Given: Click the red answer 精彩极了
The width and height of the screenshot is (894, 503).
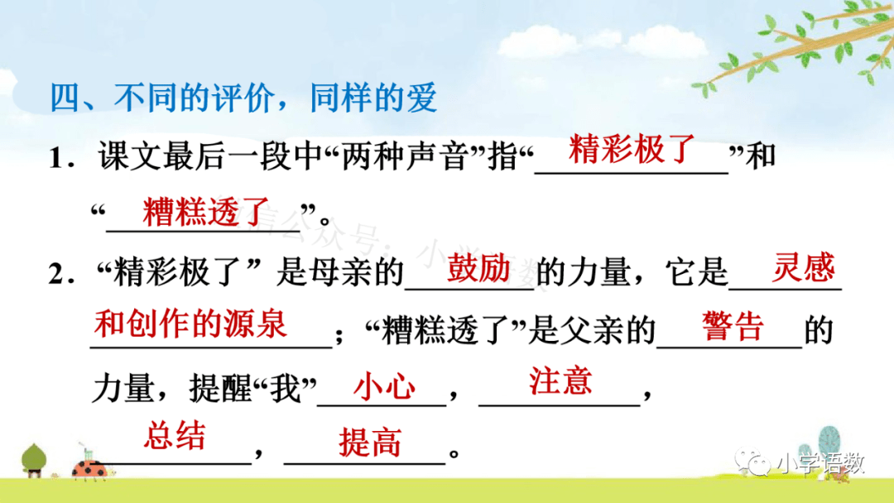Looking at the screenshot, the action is (x=632, y=150).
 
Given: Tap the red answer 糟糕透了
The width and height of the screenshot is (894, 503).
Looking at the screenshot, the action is (x=206, y=211).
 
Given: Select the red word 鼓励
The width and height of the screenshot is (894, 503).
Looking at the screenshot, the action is (x=478, y=268).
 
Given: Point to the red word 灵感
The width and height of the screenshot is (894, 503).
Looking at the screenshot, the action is (x=803, y=267).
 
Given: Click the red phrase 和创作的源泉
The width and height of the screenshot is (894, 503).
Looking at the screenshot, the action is (x=190, y=323).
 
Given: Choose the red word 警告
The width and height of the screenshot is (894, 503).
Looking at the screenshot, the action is (x=733, y=326).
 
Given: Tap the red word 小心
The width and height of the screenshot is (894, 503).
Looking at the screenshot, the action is (x=384, y=387).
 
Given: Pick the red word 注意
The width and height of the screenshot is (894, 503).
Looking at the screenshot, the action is (x=560, y=381).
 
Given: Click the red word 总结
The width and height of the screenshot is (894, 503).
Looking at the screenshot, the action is (x=175, y=436).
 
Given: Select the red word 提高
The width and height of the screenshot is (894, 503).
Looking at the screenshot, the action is (x=370, y=442).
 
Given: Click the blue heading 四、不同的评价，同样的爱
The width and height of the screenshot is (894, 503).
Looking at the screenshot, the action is (x=243, y=98).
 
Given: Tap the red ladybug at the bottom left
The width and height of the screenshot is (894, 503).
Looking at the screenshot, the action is (x=89, y=469).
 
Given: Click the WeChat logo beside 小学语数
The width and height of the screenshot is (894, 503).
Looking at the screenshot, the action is (x=752, y=462).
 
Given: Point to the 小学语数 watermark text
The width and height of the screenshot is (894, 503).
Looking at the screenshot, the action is (x=820, y=463).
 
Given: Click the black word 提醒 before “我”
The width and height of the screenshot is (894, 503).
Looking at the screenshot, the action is (x=220, y=389).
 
